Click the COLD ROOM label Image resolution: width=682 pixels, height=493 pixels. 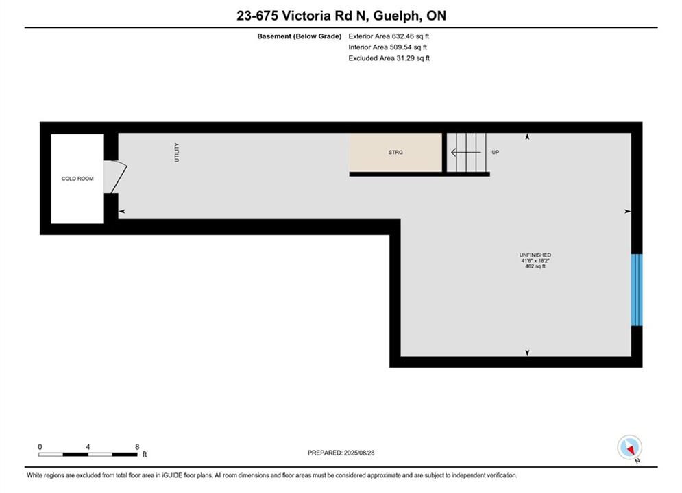77,179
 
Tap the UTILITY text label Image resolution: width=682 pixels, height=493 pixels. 177,153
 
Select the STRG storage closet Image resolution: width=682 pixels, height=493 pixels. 395,152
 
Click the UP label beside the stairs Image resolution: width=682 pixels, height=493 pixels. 496,153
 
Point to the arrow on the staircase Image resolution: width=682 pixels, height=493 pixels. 466,153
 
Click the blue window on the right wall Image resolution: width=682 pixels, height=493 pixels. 637,290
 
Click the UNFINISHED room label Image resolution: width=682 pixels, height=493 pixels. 535,255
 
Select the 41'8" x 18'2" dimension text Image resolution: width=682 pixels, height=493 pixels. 535,261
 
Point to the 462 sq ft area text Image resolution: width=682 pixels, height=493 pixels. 535,266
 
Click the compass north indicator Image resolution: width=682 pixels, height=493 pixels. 629,447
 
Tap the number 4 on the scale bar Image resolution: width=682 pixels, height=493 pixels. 88,446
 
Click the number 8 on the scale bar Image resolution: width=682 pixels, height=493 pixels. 137,446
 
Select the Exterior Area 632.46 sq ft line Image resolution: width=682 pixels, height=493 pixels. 389,36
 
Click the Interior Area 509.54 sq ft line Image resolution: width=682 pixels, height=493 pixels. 387,47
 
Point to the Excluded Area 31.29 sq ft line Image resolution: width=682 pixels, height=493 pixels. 389,58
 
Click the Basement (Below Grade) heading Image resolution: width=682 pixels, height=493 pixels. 300,36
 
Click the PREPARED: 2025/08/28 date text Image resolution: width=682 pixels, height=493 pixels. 341,453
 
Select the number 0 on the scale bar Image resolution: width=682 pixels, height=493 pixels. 40,446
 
